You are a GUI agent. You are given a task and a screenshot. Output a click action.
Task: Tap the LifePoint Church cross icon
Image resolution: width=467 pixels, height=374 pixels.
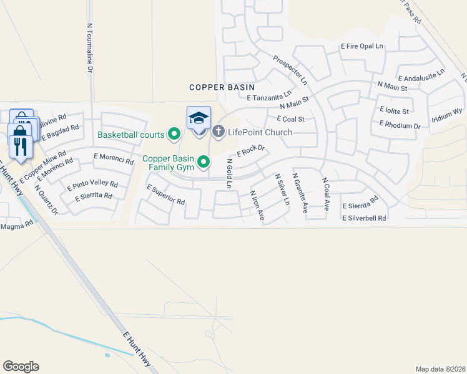pyautogui.click(x=218, y=132)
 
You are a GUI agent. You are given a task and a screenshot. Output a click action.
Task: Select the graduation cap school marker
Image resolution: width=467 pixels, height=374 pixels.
pyautogui.click(x=199, y=118)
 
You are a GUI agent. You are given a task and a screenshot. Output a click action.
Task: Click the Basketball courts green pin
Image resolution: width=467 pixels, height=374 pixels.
pyautogui.click(x=174, y=134)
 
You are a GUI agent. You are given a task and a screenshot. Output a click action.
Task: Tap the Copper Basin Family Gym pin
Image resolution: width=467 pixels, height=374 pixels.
pyautogui.click(x=204, y=163)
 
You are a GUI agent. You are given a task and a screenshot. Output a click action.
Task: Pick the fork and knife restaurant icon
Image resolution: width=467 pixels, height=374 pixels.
pyautogui.click(x=21, y=146)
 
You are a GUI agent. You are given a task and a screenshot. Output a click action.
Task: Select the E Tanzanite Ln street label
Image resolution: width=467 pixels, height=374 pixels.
pyautogui.click(x=269, y=97)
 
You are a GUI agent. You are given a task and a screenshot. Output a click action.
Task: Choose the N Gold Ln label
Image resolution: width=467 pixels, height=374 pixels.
pyautogui.click(x=229, y=174)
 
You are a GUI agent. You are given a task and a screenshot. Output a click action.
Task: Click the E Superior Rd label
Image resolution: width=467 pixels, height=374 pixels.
pyautogui.click(x=165, y=195)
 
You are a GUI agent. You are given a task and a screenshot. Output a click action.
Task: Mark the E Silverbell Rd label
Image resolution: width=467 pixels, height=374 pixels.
pyautogui.click(x=364, y=218)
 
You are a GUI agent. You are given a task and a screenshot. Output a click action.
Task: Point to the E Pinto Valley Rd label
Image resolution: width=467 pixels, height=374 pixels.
pyautogui.click(x=93, y=185)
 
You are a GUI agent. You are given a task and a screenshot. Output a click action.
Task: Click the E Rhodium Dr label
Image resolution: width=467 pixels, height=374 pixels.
pyautogui.click(x=400, y=125)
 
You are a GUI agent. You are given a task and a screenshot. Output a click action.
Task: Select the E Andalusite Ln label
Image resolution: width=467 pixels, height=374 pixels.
pyautogui.click(x=423, y=75)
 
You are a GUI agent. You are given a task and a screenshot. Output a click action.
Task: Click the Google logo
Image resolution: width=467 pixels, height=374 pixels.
pyautogui.click(x=21, y=367)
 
